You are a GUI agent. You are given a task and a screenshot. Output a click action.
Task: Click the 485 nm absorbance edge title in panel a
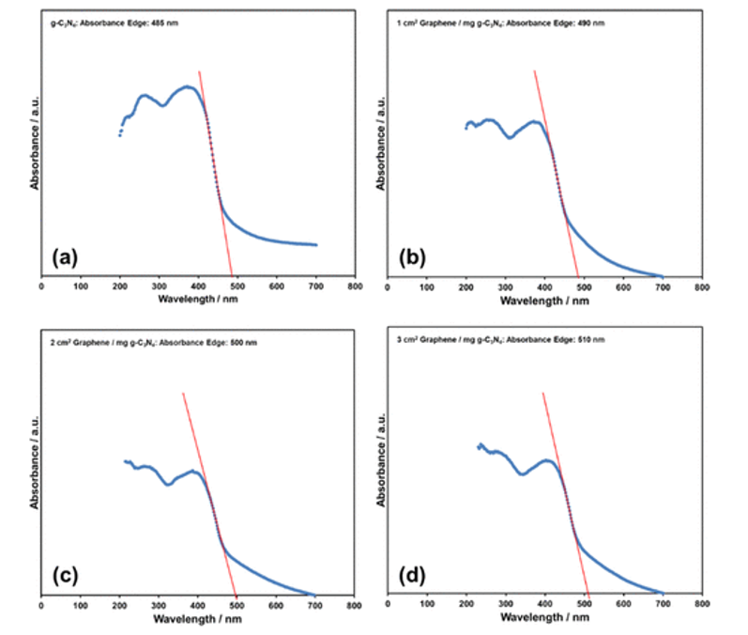112,22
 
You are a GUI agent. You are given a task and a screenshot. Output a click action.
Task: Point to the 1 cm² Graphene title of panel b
485,22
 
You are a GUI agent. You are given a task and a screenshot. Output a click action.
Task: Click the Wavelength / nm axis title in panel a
197,302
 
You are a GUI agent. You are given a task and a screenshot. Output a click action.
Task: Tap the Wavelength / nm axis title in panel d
544,620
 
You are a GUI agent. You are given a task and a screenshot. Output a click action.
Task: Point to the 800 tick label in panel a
354,287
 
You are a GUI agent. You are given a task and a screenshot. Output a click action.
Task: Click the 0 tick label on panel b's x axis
388,287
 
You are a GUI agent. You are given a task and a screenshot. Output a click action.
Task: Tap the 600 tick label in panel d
623,606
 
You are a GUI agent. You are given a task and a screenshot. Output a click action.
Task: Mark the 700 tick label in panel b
663,287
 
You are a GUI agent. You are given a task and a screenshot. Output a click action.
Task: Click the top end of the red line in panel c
183,393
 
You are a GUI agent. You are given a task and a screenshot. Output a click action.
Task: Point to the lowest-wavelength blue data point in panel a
119,135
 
